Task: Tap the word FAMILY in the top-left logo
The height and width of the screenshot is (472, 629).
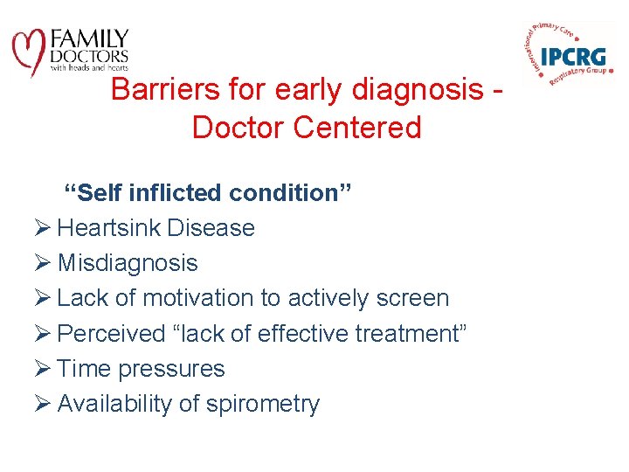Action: [x=89, y=39]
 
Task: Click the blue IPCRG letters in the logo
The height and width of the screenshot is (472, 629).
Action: [x=573, y=57]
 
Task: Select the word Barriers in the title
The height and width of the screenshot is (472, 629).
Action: [x=165, y=89]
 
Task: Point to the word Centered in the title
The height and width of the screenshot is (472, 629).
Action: [x=357, y=128]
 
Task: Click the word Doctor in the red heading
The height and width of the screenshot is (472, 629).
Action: [x=238, y=128]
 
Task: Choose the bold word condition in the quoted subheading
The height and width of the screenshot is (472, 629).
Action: [x=284, y=192]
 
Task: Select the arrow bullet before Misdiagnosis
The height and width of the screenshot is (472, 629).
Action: [x=42, y=262]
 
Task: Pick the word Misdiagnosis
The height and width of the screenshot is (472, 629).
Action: [x=128, y=264]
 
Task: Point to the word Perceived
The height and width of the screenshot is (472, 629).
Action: [x=111, y=333]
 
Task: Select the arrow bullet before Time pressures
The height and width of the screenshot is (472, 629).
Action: [x=42, y=368]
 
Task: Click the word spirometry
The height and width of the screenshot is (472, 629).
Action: [x=263, y=404]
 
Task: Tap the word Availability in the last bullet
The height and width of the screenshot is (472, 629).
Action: [x=114, y=404]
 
